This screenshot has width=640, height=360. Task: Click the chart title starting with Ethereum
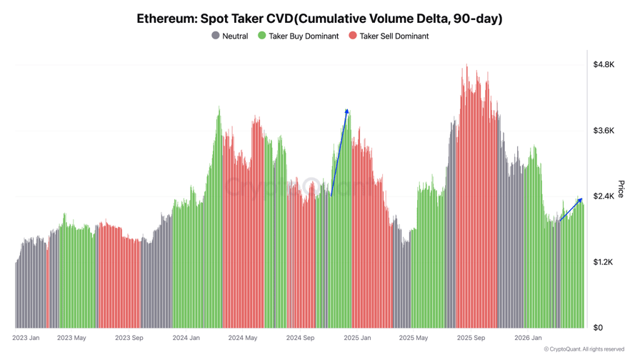[319, 19]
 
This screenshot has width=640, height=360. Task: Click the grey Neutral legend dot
[216, 36]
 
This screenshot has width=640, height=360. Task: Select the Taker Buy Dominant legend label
[304, 36]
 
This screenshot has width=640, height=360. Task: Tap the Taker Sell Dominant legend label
[394, 36]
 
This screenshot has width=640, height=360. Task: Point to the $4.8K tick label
[604, 64]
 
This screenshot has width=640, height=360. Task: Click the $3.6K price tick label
[604, 131]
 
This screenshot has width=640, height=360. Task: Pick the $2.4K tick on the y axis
[604, 196]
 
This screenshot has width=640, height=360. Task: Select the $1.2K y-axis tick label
[604, 262]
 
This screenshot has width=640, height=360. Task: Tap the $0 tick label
[598, 328]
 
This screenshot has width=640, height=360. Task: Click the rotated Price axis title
[621, 189]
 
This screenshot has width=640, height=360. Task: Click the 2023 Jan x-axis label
[26, 338]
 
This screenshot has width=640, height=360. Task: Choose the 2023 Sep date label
[129, 338]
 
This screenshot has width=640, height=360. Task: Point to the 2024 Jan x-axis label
[186, 338]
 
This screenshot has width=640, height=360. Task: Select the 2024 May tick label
[242, 338]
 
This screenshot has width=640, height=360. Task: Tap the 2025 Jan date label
[356, 338]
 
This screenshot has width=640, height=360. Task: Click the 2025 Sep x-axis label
[471, 338]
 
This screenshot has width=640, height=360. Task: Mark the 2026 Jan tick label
[528, 338]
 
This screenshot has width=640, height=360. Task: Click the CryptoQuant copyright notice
[584, 349]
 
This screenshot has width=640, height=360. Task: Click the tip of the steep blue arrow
[347, 110]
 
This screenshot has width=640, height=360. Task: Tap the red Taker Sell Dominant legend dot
[353, 36]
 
